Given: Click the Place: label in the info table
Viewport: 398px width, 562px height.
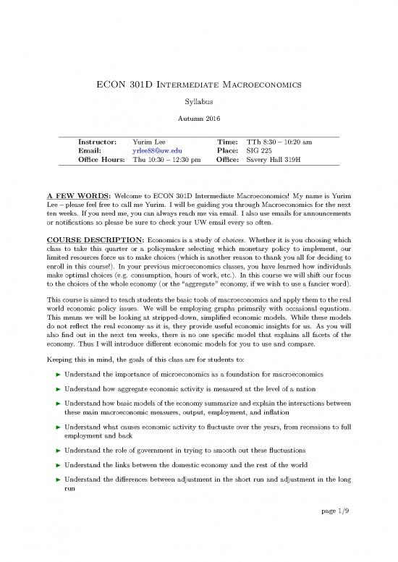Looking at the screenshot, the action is coord(228,154).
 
